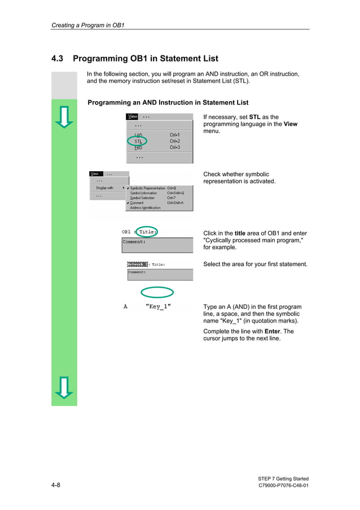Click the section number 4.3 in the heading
[x=58, y=59]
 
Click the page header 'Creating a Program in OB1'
[x=87, y=25]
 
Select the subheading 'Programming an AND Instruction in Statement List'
[x=168, y=103]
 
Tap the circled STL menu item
[x=138, y=141]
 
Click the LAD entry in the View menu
[x=138, y=135]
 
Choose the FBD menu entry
[x=138, y=147]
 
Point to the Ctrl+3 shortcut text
[x=175, y=147]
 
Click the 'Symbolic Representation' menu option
[x=147, y=188]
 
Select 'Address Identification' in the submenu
[x=145, y=208]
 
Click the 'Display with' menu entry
[x=104, y=188]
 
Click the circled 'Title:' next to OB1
[x=147, y=232]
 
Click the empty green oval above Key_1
[x=157, y=292]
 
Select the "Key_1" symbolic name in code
[x=158, y=307]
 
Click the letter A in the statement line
[x=125, y=307]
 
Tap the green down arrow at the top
[x=64, y=116]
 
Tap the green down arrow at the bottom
[x=64, y=387]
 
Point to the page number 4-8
[x=56, y=486]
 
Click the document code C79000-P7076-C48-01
[x=283, y=486]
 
